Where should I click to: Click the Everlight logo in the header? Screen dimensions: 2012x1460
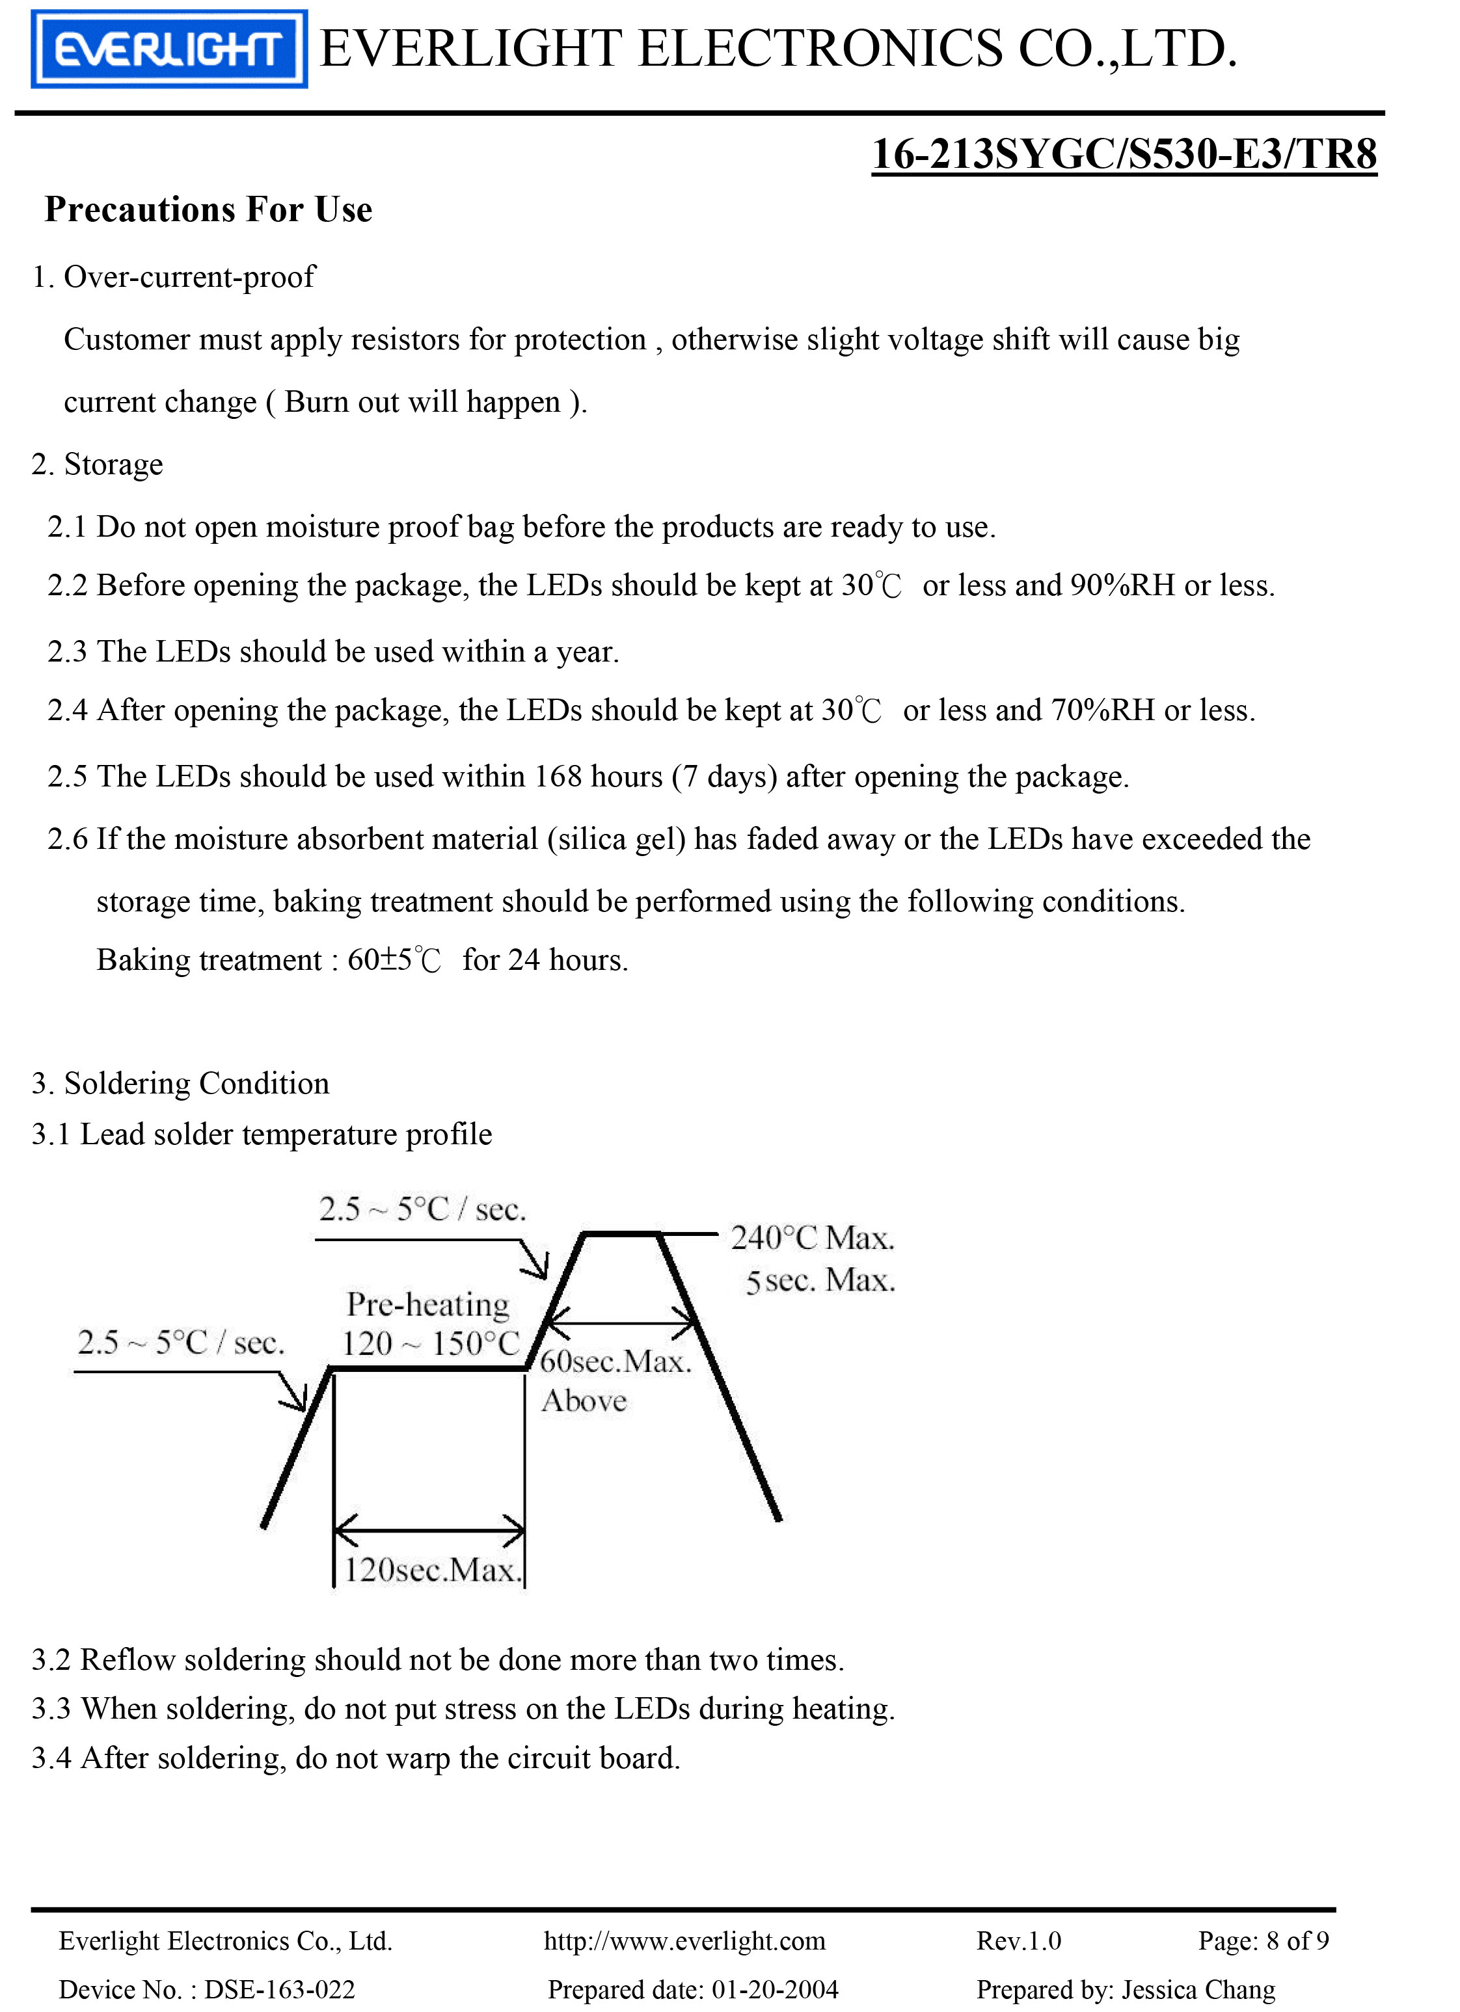coord(169,49)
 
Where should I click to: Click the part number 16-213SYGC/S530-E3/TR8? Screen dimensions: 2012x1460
coord(1124,154)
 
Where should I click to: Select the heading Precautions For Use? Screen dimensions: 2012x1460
coord(209,210)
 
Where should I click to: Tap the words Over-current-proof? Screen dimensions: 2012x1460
coord(189,278)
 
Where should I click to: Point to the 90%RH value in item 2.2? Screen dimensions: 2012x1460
coord(1123,585)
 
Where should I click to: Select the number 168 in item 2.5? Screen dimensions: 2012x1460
coord(558,777)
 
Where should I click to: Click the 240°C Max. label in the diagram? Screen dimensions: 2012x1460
coord(812,1239)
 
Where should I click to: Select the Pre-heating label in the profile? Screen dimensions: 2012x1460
coord(428,1305)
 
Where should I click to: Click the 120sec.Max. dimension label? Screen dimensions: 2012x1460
coord(431,1571)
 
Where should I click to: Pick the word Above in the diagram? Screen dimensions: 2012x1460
coord(584,1402)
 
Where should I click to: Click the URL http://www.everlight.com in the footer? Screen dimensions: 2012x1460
coord(684,1942)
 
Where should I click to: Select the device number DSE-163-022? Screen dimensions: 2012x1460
coord(280,1990)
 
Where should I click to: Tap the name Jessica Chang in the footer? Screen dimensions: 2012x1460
coord(1198,1990)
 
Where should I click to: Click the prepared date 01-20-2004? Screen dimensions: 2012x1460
coord(775,1990)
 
